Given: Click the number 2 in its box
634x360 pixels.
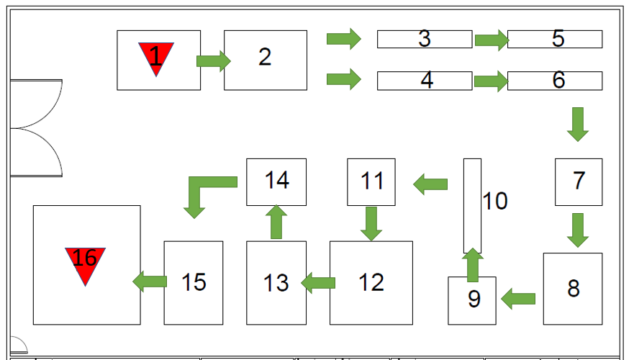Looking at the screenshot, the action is tap(265, 57).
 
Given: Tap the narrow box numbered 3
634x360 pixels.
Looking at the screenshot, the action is tap(425, 39).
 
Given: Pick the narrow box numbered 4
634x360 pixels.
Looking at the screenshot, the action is tap(425, 81).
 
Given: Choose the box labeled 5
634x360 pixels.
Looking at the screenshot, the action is tap(555, 39).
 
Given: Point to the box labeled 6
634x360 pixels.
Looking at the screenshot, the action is tap(555, 81).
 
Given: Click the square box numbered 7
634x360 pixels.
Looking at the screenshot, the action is tap(579, 182).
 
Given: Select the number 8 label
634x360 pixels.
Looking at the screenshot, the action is tap(574, 289).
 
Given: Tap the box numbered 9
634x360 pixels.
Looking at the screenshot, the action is tap(472, 300).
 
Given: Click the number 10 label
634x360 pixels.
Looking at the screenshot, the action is tap(495, 201).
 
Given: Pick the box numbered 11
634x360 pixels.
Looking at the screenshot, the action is tap(371, 182).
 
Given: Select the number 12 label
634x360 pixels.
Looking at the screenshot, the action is tap(371, 282).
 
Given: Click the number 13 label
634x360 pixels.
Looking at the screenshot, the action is tap(276, 283).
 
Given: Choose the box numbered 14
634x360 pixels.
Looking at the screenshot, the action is tap(276, 182).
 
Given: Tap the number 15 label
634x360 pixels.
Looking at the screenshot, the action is tap(194, 282).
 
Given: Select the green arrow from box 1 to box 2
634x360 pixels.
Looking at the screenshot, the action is tap(214, 61).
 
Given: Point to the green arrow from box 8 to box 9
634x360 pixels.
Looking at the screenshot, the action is tap(518, 299).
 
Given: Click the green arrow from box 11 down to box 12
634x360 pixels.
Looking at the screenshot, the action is tap(371, 224).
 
